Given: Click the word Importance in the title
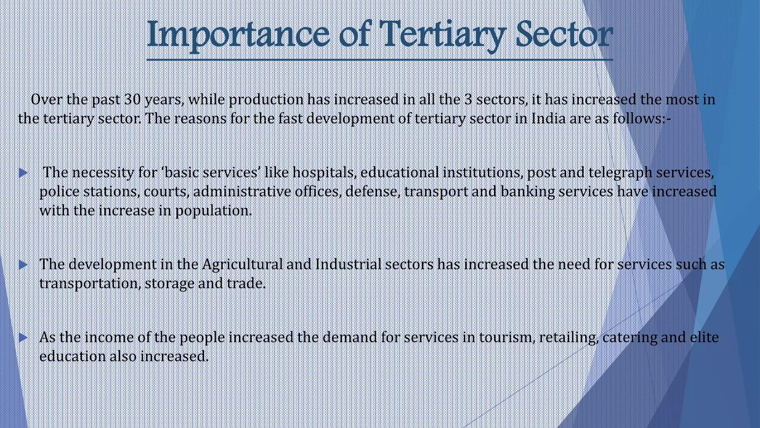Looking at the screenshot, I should (x=238, y=35).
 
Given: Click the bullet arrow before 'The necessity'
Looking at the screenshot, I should (x=23, y=173).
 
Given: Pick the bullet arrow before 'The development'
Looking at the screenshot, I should (x=23, y=265).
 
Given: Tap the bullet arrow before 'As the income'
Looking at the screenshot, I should (x=23, y=337).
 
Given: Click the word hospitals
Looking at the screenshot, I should (x=324, y=173).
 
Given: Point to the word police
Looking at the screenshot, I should (x=59, y=192).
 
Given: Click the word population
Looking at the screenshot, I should (x=213, y=211).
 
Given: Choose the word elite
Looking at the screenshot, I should (x=705, y=337).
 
